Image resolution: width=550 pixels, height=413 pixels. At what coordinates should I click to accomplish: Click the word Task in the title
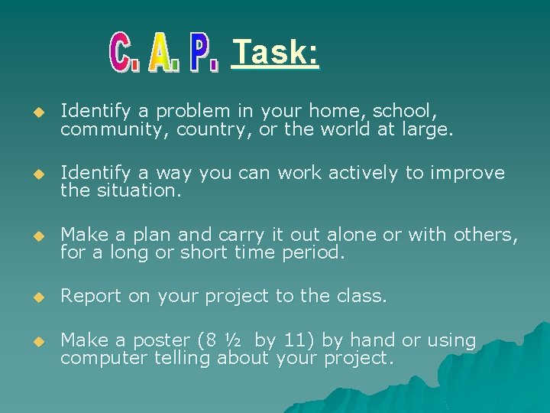pos(275,53)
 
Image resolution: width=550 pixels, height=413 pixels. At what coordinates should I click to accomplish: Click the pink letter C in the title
pos(125,54)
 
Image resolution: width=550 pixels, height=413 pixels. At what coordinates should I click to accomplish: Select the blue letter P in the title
pos(204,54)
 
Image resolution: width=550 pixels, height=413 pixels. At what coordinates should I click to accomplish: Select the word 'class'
pos(363,296)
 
